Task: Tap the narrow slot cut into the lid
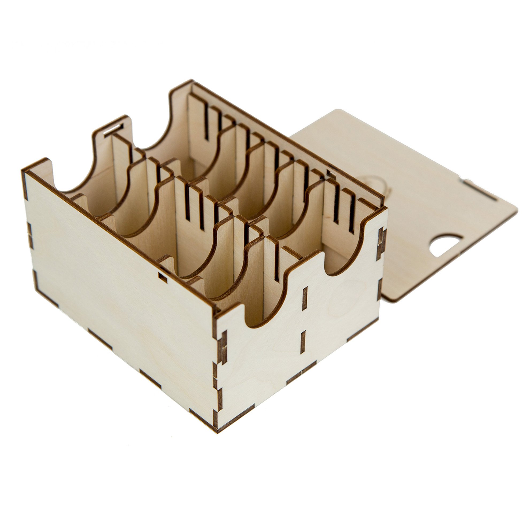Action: (480, 190)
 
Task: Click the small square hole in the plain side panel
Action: (163, 278)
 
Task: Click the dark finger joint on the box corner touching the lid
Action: (381, 244)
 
